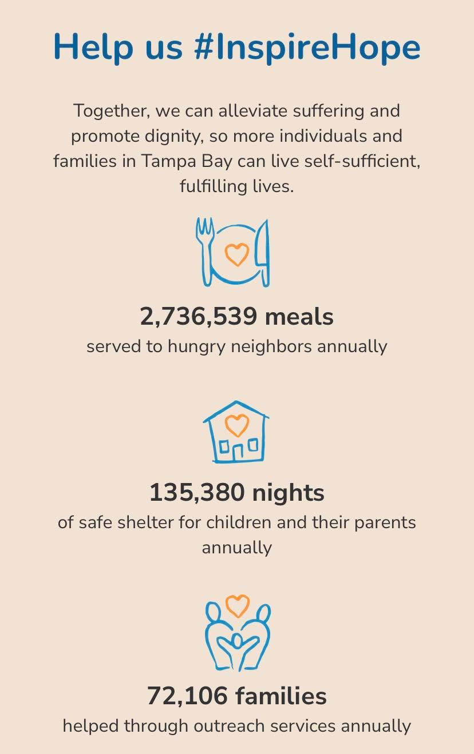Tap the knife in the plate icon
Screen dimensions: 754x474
tap(263, 252)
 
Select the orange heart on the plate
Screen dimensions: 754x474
tap(236, 254)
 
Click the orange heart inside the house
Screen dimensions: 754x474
tap(236, 424)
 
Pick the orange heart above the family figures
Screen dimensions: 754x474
tap(237, 605)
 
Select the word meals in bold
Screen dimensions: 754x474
tap(299, 317)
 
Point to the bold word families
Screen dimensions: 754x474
tap(281, 696)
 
